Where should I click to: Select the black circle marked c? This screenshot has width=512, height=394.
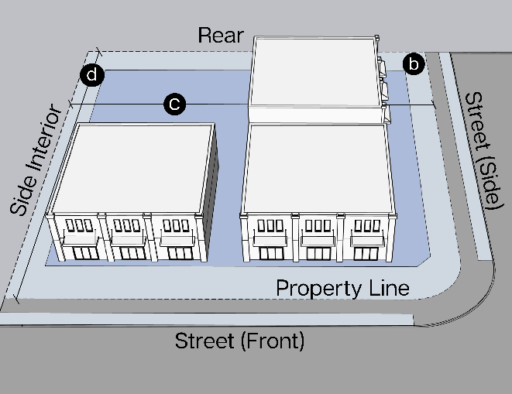(176, 103)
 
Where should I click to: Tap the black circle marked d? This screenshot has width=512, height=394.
(92, 75)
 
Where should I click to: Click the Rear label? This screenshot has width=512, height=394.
(221, 36)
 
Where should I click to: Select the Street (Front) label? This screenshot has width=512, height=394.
(239, 340)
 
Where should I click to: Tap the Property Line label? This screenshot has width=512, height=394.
(342, 289)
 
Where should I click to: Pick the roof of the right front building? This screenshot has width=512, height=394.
(318, 163)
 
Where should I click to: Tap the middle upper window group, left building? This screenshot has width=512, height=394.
(126, 226)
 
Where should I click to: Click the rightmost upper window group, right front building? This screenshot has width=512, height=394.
(366, 226)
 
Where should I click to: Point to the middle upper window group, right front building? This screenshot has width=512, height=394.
(317, 226)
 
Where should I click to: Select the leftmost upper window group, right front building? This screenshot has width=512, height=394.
(270, 226)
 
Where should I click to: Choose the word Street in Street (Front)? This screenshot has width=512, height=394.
(203, 340)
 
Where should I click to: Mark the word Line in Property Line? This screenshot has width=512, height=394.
(387, 289)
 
